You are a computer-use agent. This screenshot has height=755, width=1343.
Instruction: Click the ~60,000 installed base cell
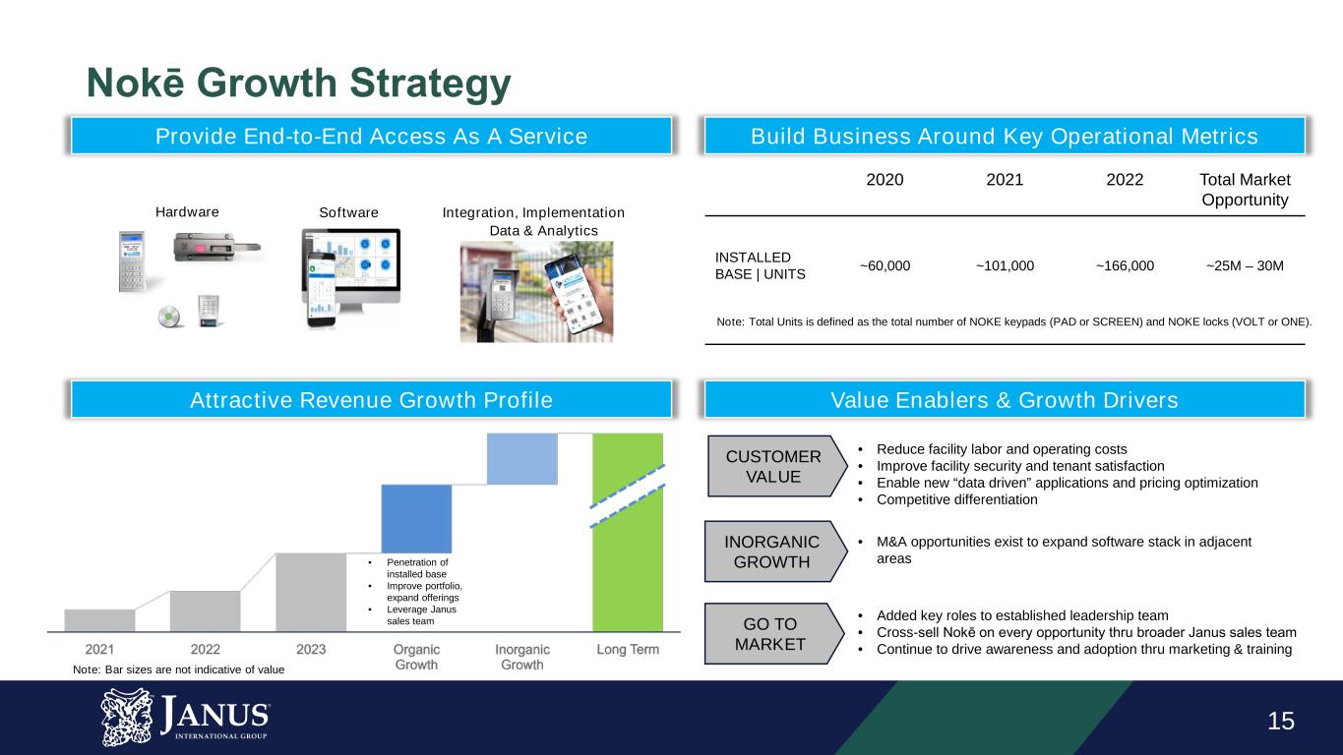(885, 265)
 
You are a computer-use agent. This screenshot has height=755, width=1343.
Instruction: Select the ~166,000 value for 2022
(1125, 265)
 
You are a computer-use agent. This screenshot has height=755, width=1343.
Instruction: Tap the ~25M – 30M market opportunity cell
(1245, 265)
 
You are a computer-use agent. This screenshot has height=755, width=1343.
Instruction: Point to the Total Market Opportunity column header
(1245, 190)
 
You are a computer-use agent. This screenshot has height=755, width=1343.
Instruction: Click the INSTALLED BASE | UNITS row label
(760, 265)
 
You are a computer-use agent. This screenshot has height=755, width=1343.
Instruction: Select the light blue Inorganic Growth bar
(522, 459)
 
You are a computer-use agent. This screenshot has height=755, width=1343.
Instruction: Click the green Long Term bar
(628, 532)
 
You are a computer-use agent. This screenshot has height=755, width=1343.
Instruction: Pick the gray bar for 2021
(99, 620)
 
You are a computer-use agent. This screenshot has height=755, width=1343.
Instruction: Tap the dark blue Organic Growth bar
(416, 519)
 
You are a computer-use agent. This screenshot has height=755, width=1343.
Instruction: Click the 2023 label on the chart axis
(311, 649)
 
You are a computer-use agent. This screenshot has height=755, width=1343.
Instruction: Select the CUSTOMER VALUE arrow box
(777, 466)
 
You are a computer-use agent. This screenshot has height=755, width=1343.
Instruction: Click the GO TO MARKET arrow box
(774, 634)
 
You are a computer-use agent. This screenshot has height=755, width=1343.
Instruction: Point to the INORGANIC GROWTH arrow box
(776, 552)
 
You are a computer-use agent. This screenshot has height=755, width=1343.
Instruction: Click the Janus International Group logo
(185, 718)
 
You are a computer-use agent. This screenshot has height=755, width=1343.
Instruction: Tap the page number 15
(1281, 721)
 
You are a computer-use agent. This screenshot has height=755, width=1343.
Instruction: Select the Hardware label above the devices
(187, 212)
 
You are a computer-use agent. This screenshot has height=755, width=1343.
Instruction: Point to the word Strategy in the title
(430, 84)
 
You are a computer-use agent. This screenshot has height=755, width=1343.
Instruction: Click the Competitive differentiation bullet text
(957, 499)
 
